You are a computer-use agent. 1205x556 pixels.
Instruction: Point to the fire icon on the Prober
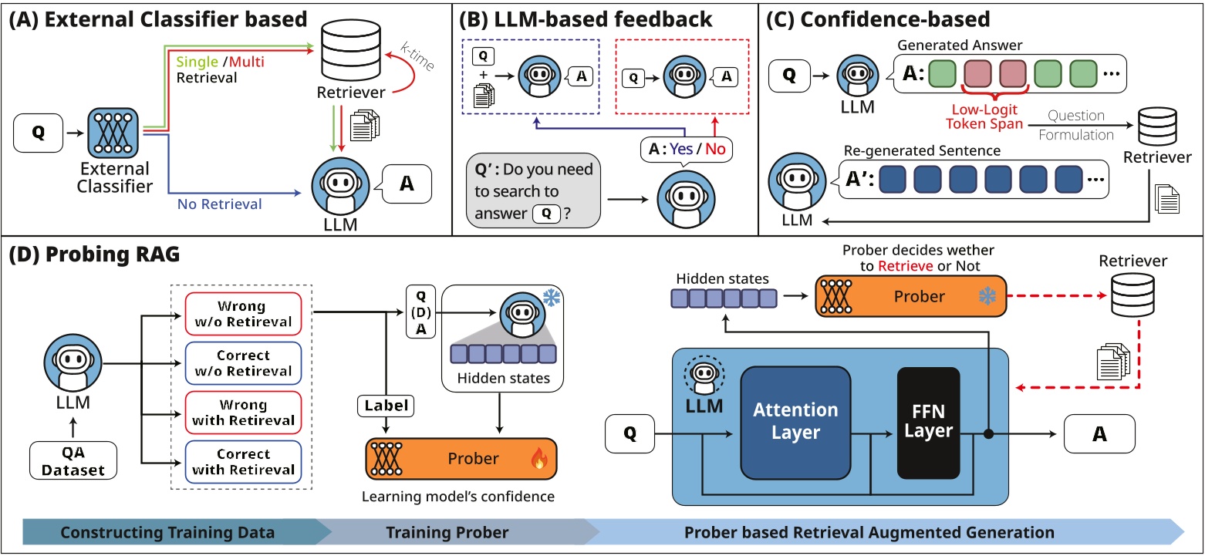click(538, 460)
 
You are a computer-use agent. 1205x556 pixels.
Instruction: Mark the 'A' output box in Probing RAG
click(1099, 435)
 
